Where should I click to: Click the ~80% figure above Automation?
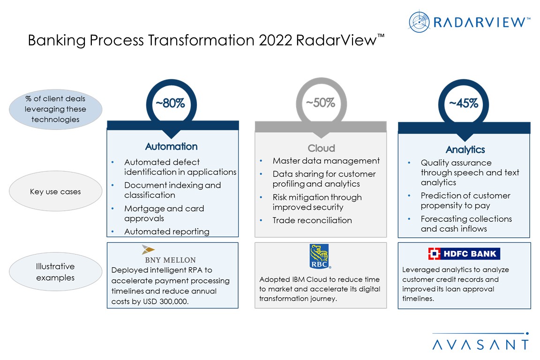[x=171, y=103]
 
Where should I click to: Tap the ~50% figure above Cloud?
[x=321, y=103]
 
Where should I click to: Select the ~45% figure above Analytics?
[x=464, y=103]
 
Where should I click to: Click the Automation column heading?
[x=171, y=146]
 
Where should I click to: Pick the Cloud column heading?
[x=321, y=148]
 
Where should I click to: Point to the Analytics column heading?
[x=465, y=150]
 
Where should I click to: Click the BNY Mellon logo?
[x=170, y=255]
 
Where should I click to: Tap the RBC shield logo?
[x=320, y=256]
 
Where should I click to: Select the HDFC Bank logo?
[x=464, y=254]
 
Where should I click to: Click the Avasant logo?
[x=481, y=342]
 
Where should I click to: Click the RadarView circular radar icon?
[x=419, y=22]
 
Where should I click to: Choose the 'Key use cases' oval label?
[x=55, y=191]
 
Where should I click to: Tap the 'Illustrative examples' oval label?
[x=55, y=272]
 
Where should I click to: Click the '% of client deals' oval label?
[x=55, y=109]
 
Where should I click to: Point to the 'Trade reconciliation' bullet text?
[x=312, y=220]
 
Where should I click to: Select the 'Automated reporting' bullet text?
[x=167, y=232]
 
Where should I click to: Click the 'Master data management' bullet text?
[x=326, y=161]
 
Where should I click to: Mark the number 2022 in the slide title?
[x=275, y=40]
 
